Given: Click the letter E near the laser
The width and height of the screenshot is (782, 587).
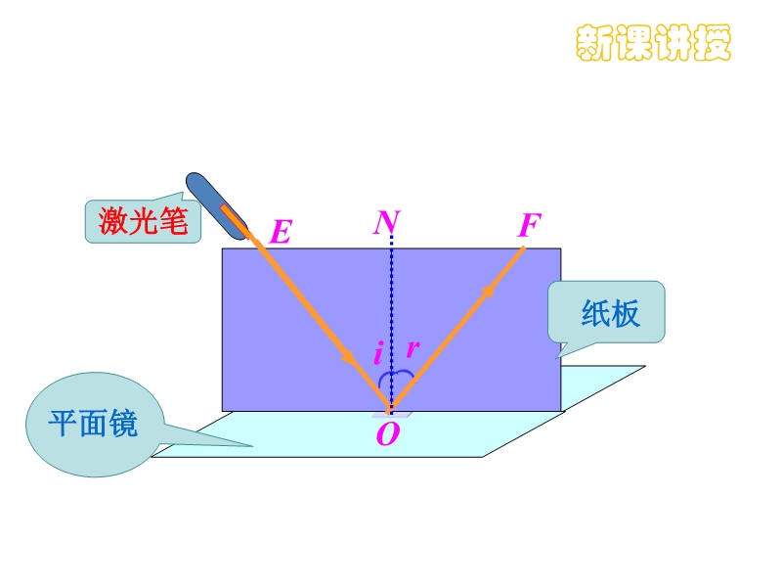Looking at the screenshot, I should pyautogui.click(x=281, y=233).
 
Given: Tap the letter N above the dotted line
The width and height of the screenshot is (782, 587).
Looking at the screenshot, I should pyautogui.click(x=386, y=224).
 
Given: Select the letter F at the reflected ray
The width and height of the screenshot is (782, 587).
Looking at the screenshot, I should pyautogui.click(x=529, y=227).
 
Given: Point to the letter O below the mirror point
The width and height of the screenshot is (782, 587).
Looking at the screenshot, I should pyautogui.click(x=388, y=434).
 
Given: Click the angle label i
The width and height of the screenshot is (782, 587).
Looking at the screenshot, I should pyautogui.click(x=378, y=353).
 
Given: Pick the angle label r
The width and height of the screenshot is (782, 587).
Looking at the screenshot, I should pyautogui.click(x=413, y=348).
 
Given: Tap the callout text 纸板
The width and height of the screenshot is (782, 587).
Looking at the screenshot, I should pyautogui.click(x=611, y=313).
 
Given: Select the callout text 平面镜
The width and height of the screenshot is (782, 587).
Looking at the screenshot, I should pyautogui.click(x=94, y=424).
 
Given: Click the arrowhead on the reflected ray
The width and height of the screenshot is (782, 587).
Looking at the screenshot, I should pyautogui.click(x=488, y=290).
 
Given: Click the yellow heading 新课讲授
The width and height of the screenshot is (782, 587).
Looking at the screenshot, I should pyautogui.click(x=653, y=42).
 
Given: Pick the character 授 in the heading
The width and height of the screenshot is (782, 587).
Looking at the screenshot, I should pyautogui.click(x=713, y=42).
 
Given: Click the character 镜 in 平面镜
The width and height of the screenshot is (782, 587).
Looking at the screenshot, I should pyautogui.click(x=123, y=424).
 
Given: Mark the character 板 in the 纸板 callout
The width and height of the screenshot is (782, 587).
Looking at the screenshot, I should pyautogui.click(x=626, y=313).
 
